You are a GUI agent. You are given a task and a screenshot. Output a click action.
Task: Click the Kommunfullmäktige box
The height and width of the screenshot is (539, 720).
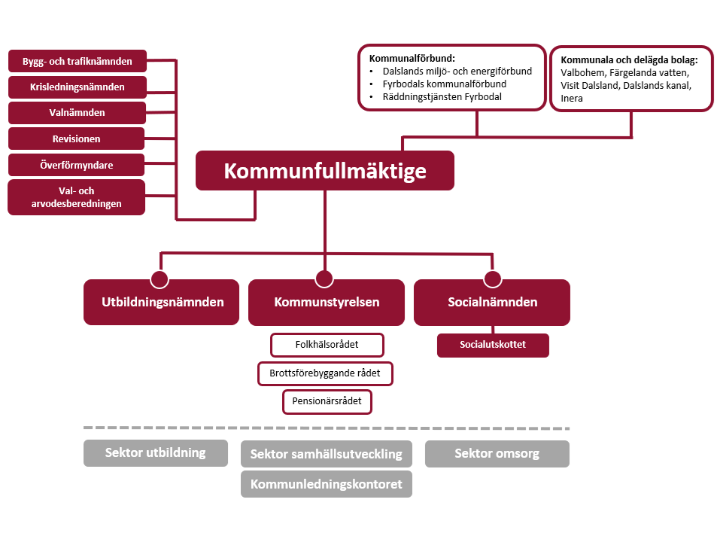[324, 171]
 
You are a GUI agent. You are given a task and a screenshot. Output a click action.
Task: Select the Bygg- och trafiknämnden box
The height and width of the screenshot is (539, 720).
[77, 62]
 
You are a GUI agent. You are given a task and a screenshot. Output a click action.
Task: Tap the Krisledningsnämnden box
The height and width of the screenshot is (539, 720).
[77, 87]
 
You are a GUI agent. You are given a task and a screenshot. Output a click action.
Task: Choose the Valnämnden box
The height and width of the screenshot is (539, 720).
[77, 113]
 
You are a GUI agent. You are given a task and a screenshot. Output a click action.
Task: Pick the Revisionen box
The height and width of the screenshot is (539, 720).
[77, 139]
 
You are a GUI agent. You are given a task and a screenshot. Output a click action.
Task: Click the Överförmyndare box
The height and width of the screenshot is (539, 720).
[77, 164]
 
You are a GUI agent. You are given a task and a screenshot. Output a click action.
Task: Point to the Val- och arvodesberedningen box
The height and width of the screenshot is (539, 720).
[77, 197]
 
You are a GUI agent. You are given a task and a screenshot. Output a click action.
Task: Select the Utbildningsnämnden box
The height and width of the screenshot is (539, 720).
[161, 303]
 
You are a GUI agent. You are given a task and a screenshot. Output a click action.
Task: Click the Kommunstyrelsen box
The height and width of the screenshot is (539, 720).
[326, 303]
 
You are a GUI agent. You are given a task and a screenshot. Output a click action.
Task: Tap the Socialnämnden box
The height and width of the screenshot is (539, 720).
[492, 303]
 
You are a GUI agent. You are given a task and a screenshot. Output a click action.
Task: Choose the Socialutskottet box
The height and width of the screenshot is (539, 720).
[493, 345]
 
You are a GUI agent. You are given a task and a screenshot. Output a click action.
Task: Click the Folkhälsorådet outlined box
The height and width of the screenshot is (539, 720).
[327, 345]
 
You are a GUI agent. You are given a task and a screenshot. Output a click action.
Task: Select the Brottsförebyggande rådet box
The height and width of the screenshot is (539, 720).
[325, 373]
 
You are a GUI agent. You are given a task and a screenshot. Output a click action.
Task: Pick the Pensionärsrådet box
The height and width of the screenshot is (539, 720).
[327, 401]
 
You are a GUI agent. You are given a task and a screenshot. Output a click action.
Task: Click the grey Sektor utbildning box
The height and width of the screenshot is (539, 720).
[155, 453]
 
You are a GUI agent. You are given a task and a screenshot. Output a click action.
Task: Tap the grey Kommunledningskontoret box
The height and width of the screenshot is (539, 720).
[326, 484]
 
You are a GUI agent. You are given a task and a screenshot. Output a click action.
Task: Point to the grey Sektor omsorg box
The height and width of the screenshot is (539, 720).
[497, 454]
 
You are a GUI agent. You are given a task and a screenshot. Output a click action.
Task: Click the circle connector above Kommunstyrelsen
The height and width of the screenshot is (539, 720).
[324, 279]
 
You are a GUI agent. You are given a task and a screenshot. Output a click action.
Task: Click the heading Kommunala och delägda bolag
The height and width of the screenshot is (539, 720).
[630, 59]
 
